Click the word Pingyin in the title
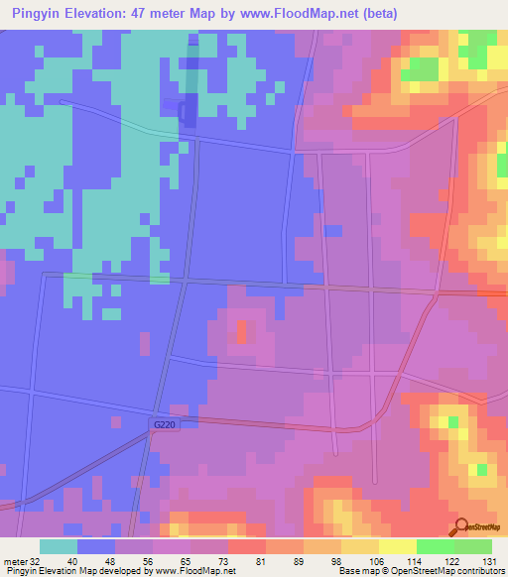click(36, 15)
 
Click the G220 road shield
click(166, 423)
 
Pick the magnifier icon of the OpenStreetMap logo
click(462, 526)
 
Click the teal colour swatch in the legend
click(59, 546)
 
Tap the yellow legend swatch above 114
click(398, 546)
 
